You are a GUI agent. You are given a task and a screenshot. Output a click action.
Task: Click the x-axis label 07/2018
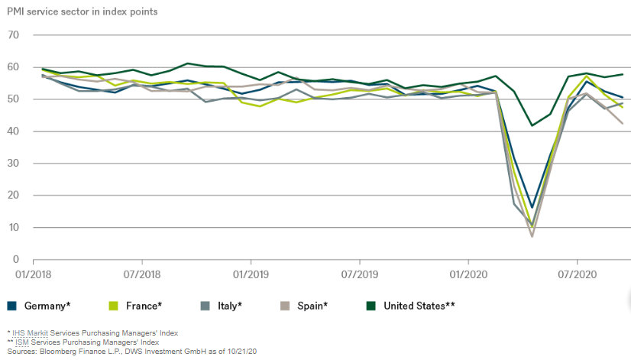[140, 273]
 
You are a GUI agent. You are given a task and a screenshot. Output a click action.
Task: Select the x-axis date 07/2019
[358, 273]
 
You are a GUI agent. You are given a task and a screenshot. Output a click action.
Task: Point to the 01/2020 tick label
[468, 273]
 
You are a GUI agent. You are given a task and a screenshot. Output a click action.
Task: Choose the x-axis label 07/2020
[577, 273]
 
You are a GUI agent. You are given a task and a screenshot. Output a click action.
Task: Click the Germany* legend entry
[44, 306]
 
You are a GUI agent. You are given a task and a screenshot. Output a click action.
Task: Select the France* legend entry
[140, 306]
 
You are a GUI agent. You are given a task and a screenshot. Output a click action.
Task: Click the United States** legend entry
[419, 306]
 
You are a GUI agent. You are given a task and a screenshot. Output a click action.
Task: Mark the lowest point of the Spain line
[532, 236]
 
